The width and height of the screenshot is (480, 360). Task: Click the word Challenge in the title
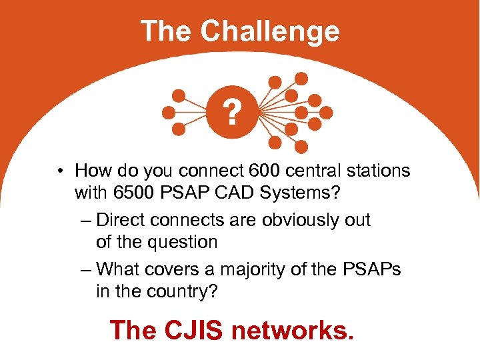point(269,31)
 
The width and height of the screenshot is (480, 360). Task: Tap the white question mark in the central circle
point(231,113)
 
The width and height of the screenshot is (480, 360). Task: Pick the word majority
point(259,269)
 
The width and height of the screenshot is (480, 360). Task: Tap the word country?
point(183,291)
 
